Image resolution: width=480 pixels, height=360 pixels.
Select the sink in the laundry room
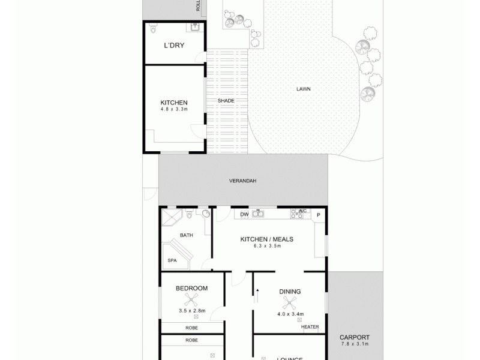(x=195, y=27)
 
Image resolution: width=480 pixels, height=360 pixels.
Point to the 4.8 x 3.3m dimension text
(x=174, y=110)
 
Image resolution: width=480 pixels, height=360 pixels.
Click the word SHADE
(x=226, y=101)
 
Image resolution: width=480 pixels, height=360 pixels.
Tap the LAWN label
(x=303, y=89)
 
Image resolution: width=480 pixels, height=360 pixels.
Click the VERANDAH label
(x=243, y=181)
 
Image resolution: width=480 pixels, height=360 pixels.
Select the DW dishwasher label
(x=244, y=214)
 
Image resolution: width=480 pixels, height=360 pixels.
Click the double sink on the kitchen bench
(x=259, y=213)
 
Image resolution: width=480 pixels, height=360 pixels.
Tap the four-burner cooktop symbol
(x=297, y=214)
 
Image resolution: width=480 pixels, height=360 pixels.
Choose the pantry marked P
(x=319, y=215)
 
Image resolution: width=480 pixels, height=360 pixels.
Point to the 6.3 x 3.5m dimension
(x=266, y=246)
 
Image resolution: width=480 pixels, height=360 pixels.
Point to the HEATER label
(x=310, y=327)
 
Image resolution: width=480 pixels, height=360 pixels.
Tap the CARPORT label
(x=354, y=337)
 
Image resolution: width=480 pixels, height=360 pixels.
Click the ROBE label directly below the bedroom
(x=191, y=328)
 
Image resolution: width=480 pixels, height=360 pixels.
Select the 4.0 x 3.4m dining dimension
(x=290, y=314)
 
